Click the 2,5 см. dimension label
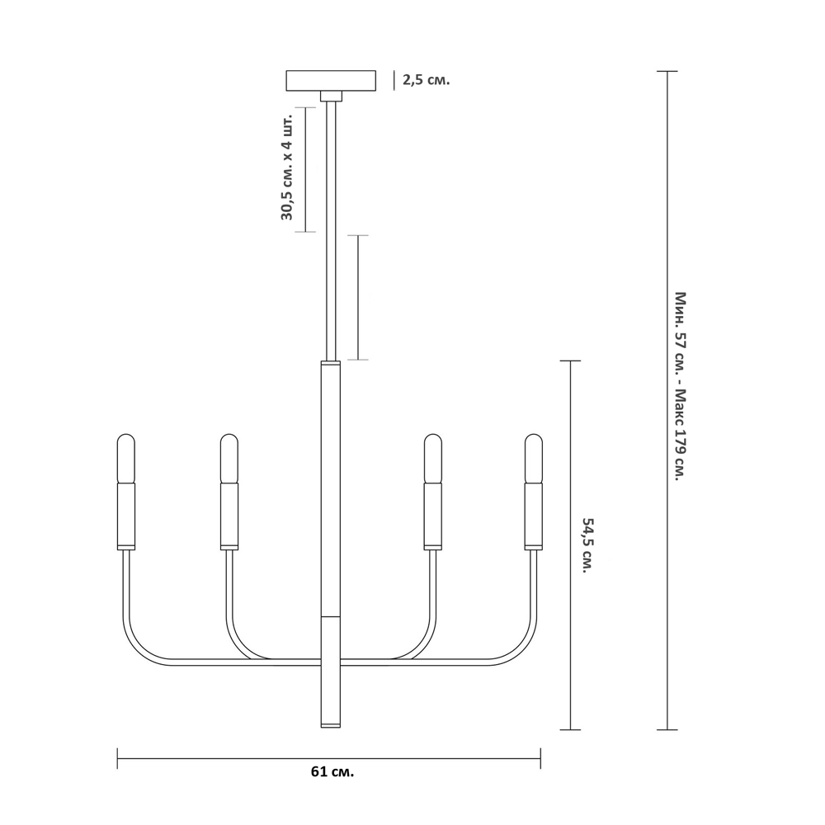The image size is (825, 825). coord(426,80)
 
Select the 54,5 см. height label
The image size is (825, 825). coord(587,545)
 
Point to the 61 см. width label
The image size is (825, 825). coord(332,772)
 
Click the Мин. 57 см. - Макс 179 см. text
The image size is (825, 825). coord(680,386)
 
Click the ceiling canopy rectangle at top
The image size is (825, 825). coord(331,81)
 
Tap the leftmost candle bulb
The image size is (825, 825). coord(125,458)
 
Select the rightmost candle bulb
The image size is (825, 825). coord(534,458)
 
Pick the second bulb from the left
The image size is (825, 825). coord(229,458)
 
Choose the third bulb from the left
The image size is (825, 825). coord(432,458)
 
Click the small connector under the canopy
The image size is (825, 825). coord(331,96)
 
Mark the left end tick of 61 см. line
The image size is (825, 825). coord(118,758)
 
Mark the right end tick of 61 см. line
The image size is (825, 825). coord(540,758)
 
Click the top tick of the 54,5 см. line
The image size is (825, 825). coord(570,361)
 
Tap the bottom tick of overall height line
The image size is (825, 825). coord(667,729)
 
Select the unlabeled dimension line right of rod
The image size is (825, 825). coord(357,297)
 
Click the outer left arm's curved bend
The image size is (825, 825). coord(136,643)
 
